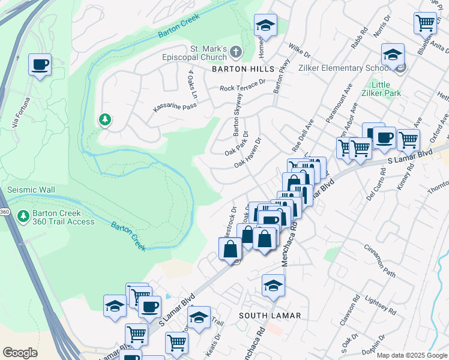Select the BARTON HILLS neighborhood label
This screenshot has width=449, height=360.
coord(235,69)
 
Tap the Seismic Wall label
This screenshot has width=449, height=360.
coord(31,190)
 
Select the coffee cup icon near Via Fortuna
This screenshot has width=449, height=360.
coord(40,64)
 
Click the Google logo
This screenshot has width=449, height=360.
coord(20,353)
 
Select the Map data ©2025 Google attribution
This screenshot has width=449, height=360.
coord(412,355)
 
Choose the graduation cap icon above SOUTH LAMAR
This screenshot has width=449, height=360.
coord(273,285)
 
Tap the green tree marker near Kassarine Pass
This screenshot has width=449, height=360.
coord(105,120)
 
